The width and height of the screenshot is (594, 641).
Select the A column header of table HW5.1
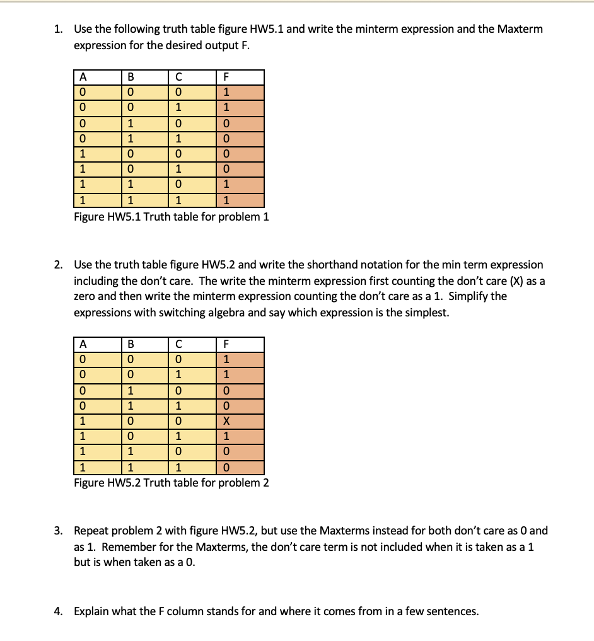pyautogui.click(x=81, y=78)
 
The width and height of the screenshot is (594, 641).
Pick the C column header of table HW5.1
pyautogui.click(x=178, y=78)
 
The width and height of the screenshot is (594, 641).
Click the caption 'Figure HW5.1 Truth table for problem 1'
pyautogui.click(x=171, y=217)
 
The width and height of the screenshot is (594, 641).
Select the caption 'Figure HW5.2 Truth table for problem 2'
pyautogui.click(x=171, y=483)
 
